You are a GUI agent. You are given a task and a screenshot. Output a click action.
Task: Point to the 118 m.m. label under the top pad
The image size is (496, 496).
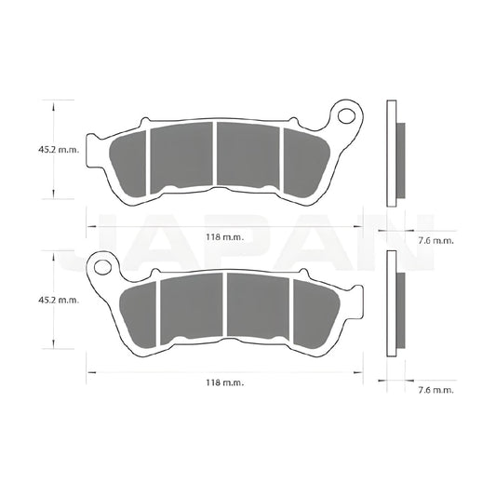[x=224, y=238]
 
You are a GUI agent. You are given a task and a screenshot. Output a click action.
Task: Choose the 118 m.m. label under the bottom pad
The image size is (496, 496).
[x=224, y=382]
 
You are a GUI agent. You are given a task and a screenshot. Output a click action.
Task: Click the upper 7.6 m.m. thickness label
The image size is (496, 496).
[x=436, y=240]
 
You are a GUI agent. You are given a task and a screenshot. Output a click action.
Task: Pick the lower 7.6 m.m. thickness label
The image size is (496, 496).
[x=436, y=390]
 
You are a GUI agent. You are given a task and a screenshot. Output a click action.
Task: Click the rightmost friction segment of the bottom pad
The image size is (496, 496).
[x=314, y=311]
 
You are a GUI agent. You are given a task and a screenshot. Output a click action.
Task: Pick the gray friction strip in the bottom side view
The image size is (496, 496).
[x=401, y=311]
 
